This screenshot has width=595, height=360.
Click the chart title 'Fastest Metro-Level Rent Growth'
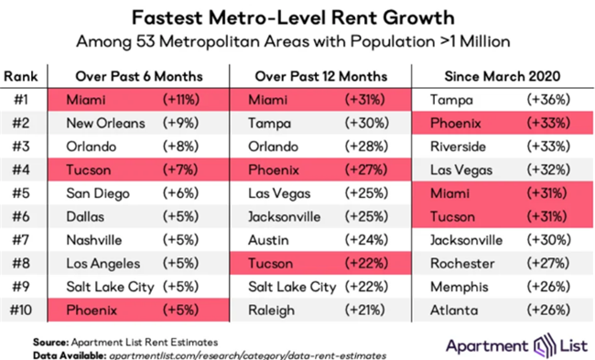297,17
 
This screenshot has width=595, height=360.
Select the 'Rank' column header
24,77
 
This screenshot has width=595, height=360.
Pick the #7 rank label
24,239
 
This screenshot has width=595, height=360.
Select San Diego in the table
98,192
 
